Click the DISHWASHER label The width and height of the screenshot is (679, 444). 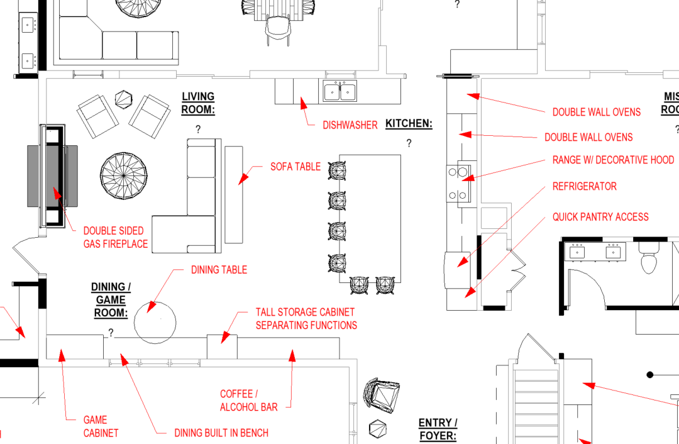coord(350,125)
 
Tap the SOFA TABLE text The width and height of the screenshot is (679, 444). coord(295,167)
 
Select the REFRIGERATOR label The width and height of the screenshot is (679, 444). coord(584,186)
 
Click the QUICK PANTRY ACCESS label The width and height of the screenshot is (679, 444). coord(600,217)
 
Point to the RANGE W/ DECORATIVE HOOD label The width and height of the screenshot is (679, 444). coord(613,160)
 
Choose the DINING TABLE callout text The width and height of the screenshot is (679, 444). coord(219,270)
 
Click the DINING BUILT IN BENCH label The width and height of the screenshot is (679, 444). coord(221,433)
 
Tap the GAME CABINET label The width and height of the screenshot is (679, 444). coord(101,426)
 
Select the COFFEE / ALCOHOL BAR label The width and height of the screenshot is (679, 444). coord(248,400)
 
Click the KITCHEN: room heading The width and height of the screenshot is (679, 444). coord(409,123)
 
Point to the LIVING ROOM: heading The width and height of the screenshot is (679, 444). coord(198,103)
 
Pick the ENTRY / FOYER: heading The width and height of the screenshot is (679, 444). coord(438,429)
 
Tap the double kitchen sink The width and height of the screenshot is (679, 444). coord(340,91)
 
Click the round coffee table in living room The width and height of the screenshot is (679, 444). coord(124,176)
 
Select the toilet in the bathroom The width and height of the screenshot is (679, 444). coord(649,258)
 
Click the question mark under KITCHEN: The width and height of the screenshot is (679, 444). coord(409,143)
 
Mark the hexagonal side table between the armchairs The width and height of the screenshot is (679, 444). coord(123,99)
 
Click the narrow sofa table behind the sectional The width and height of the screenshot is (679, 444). coord(234,194)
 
